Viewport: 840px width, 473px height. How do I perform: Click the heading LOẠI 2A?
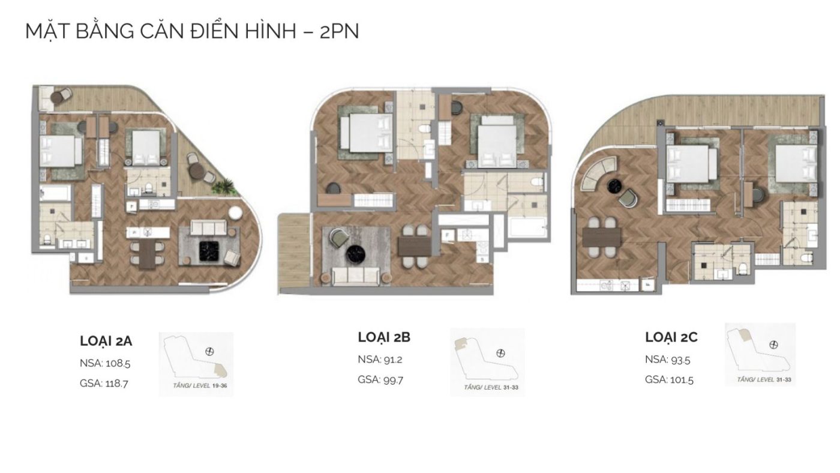(106, 341)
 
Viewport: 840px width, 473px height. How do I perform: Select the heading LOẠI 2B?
(384, 337)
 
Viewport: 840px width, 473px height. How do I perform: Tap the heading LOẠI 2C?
(671, 337)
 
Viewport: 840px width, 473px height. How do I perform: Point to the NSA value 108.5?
(118, 363)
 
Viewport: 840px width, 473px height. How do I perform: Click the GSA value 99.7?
(393, 380)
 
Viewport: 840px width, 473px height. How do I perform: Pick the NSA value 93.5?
(680, 360)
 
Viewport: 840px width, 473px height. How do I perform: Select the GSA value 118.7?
(116, 384)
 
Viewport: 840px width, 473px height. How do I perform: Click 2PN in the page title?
(340, 31)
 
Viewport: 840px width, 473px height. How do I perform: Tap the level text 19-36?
(220, 385)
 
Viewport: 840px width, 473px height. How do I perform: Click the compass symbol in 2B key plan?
(500, 354)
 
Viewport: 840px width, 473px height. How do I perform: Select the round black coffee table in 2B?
(355, 255)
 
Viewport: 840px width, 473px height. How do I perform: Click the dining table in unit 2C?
(601, 237)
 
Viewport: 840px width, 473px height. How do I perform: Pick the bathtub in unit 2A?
(55, 193)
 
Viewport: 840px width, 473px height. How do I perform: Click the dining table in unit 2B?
(415, 247)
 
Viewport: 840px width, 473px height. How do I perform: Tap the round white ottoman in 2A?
(235, 213)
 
